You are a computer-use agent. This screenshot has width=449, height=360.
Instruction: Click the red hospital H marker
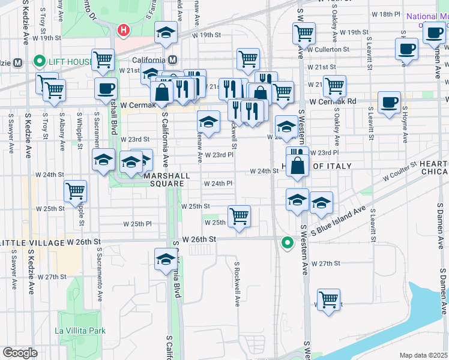pos(124,29)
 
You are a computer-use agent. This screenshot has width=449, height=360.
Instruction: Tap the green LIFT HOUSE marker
pos(40,61)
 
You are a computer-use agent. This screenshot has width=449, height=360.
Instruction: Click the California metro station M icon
pos(173,60)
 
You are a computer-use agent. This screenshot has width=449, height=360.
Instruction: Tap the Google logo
pos(20,352)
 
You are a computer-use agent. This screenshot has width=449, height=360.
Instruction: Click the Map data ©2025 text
pos(423,355)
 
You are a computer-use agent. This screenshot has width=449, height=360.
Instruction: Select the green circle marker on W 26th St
pos(288,242)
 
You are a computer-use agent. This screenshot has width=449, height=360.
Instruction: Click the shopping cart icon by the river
pos(328,299)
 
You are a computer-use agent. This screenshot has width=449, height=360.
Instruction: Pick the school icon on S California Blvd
pos(166,259)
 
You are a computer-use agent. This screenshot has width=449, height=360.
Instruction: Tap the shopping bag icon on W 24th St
pos(298,164)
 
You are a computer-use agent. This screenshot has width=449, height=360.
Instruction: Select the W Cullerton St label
pos(328,49)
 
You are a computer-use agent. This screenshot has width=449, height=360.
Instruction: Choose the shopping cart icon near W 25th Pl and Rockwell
pos(239,215)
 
